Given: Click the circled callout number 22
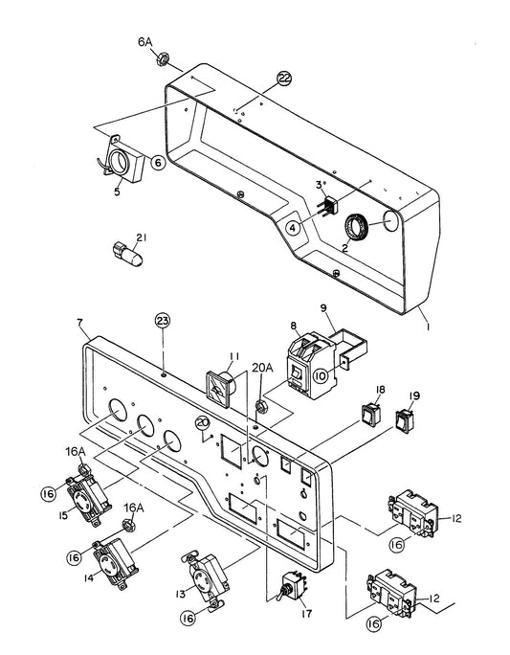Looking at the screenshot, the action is tap(284, 79).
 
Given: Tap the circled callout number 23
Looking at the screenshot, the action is tap(163, 321).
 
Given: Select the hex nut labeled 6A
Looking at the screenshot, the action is tap(162, 59).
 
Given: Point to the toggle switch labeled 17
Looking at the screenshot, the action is tap(292, 588).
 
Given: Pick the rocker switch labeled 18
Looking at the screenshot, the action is tap(369, 415).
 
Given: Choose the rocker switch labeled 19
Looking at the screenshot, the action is tap(405, 421).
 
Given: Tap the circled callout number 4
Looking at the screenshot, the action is tap(293, 228).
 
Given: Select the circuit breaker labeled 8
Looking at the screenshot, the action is tap(311, 361).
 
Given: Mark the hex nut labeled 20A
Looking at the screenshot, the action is tap(261, 406).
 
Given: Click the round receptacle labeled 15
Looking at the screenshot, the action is tap(88, 497).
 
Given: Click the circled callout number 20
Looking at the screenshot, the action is tap(203, 423).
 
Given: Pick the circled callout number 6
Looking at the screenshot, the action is tap(158, 163).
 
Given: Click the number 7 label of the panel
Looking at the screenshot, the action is tap(79, 323).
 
